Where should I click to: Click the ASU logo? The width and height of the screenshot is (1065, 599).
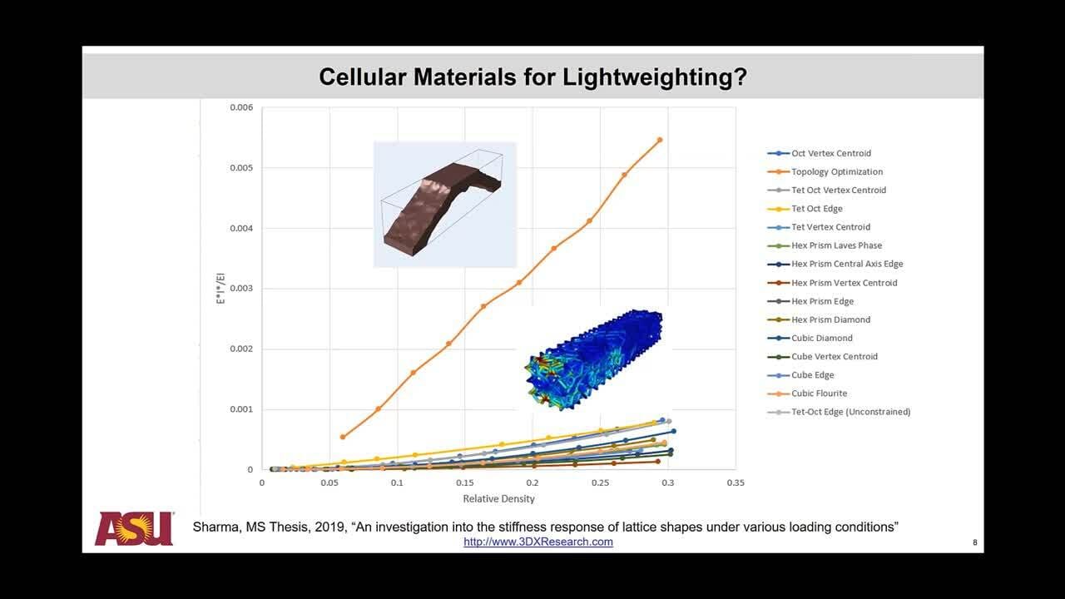(135, 528)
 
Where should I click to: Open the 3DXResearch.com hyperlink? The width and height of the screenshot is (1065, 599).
(538, 542)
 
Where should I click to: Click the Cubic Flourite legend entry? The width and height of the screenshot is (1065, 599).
(807, 394)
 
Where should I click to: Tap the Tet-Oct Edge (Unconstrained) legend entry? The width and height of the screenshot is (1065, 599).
(839, 412)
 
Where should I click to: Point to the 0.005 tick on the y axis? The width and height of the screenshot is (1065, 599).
(241, 168)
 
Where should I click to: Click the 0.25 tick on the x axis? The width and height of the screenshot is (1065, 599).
(600, 483)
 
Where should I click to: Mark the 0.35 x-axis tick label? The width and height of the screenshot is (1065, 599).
(736, 483)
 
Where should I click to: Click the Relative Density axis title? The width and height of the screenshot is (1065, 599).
(498, 498)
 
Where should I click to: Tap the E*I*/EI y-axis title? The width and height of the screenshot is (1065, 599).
(220, 289)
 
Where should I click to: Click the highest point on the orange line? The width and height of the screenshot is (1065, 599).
(660, 141)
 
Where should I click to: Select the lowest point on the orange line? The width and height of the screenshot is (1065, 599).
(343, 437)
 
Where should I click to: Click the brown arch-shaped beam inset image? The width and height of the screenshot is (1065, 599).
(444, 205)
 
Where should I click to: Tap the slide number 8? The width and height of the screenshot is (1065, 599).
(975, 542)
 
